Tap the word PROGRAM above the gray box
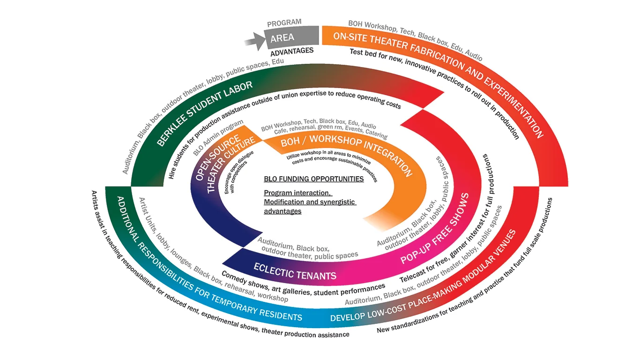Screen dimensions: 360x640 coord(284,23)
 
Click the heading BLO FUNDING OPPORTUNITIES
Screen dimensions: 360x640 coord(313,179)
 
